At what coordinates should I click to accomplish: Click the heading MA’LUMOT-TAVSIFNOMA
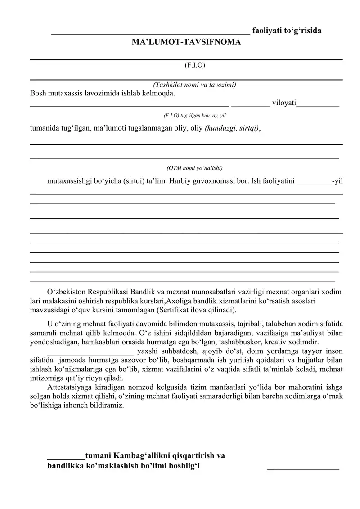pos(186,42)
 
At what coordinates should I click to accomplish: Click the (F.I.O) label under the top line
pos(195,65)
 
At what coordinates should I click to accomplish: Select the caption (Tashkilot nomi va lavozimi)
pos(195,85)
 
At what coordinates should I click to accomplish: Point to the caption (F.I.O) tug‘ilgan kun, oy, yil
pos(195,116)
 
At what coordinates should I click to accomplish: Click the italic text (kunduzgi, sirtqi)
pos(232,128)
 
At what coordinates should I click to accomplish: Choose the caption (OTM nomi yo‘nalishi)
pos(194,168)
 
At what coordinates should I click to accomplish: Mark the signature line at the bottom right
pos(303,469)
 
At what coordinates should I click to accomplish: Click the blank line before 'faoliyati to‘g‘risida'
pos(150,33)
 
